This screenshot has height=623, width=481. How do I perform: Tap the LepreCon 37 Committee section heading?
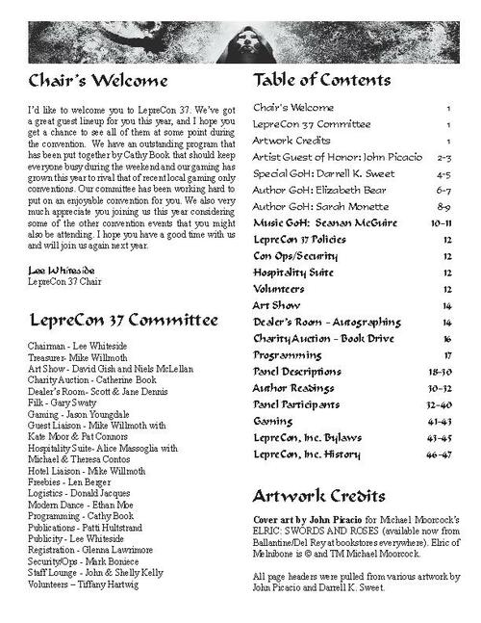(x=109, y=319)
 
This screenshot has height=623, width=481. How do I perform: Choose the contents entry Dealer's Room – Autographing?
(x=326, y=321)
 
